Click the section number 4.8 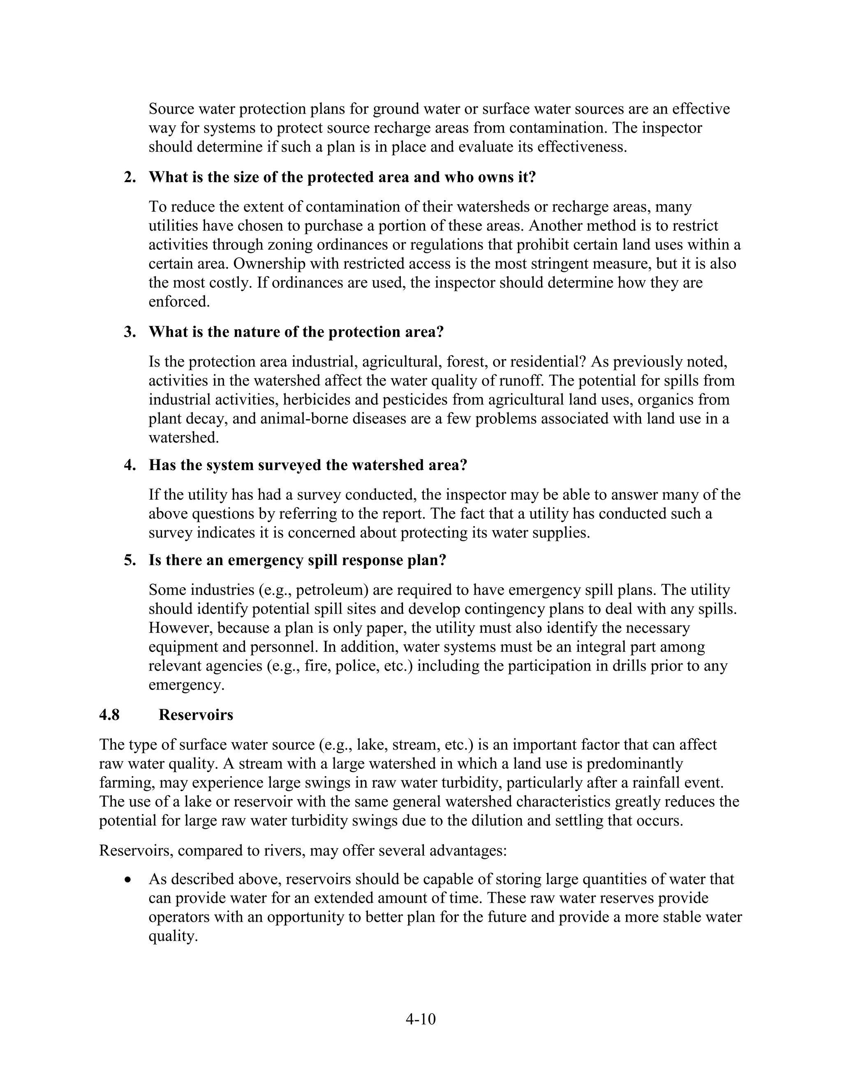tap(109, 715)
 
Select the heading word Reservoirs tap(196, 715)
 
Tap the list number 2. tap(130, 177)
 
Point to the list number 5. tap(130, 561)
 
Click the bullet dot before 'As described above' tap(129, 879)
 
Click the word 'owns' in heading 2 tap(483, 177)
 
